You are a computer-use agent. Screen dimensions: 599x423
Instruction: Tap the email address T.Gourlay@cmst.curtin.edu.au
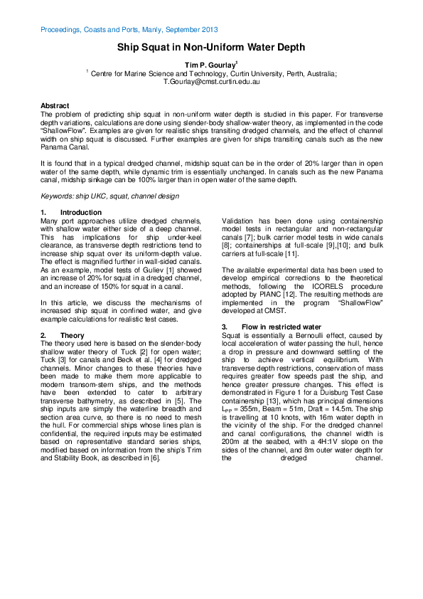tap(211, 82)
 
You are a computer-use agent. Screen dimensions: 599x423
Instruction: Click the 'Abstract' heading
tap(55, 105)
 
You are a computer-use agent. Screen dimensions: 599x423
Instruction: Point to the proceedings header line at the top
tap(129, 30)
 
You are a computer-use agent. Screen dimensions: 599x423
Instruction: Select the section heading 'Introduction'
tap(80, 213)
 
